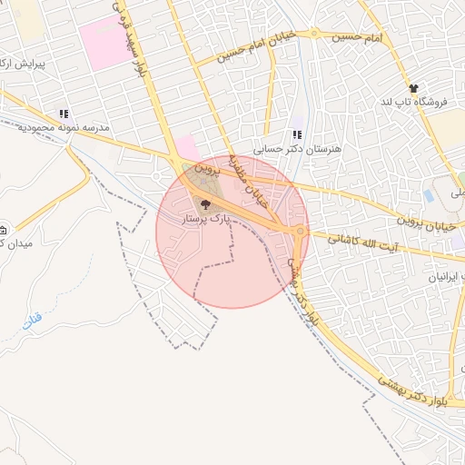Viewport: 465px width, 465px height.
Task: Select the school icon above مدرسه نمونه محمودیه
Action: click(x=64, y=114)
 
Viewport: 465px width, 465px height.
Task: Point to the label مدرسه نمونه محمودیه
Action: click(x=64, y=128)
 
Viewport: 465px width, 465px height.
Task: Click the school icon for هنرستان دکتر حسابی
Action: click(x=296, y=134)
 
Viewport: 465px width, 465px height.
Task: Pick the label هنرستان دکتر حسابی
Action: click(x=286, y=147)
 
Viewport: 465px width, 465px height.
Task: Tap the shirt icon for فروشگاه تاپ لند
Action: click(x=414, y=88)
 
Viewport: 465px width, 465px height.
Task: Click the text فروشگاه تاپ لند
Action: click(x=416, y=102)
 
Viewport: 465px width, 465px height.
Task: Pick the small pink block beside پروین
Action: click(x=186, y=147)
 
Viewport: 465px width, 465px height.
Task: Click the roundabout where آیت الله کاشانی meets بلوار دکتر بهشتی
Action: click(x=301, y=232)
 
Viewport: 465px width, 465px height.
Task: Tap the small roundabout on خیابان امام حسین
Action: click(x=314, y=34)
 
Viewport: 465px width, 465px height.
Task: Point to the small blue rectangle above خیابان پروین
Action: click(x=429, y=196)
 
